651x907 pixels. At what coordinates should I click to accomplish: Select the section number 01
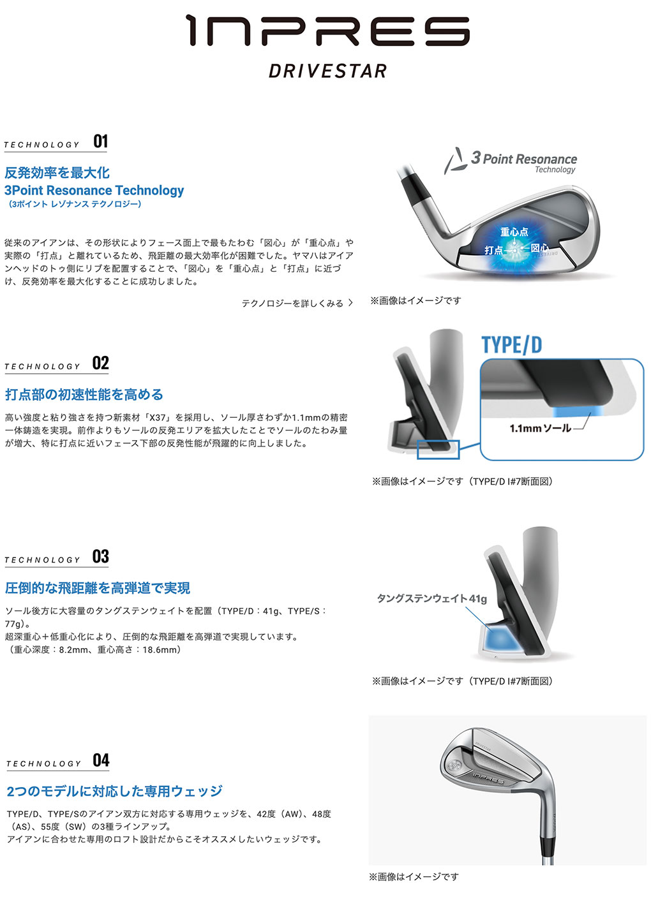point(101,141)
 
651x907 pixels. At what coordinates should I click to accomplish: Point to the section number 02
point(101,363)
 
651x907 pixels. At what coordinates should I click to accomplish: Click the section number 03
point(101,556)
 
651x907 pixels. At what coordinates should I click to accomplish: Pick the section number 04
point(101,760)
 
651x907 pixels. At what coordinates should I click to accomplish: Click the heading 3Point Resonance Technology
point(94,190)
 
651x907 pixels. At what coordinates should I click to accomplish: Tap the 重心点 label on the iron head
point(514,232)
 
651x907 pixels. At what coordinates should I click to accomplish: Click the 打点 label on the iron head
point(493,250)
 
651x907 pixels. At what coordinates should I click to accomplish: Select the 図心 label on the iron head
point(539,247)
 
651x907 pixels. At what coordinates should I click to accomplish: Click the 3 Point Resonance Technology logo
point(511,161)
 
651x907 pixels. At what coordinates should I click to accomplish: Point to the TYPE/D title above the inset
point(511,345)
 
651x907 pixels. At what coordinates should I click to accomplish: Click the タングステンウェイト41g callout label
point(431,598)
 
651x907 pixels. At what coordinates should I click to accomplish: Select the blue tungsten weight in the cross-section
point(498,637)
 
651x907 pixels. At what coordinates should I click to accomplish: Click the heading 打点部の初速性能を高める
point(84,395)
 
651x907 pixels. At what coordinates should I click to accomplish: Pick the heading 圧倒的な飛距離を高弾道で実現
point(98,588)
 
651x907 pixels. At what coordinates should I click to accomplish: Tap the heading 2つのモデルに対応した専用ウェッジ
point(114,792)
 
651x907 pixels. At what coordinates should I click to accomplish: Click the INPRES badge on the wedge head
point(488,778)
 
